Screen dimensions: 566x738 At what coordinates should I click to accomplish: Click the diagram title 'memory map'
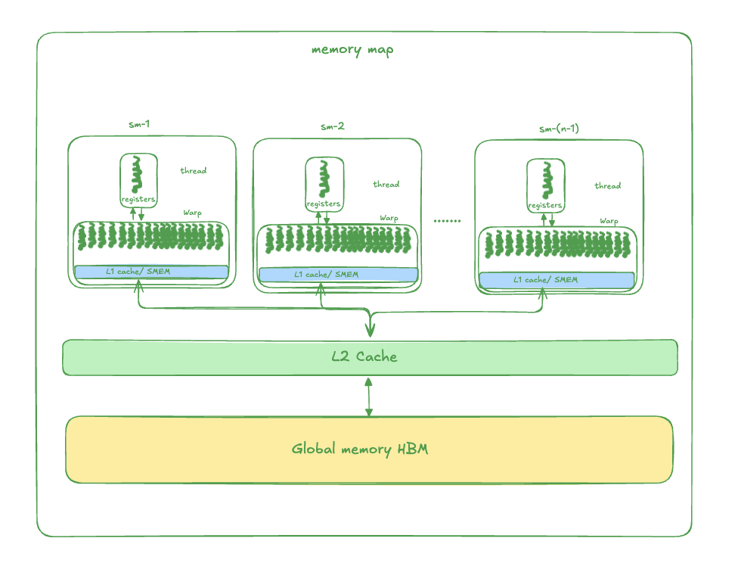352,51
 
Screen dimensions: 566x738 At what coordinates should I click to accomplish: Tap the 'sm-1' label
140,124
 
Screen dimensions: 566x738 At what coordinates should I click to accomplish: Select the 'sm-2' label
332,126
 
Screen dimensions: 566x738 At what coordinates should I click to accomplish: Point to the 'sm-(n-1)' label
559,129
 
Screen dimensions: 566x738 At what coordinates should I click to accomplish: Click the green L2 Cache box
369,357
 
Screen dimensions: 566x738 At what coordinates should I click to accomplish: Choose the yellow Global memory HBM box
369,449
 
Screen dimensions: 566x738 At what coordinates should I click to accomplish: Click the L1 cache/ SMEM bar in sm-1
151,272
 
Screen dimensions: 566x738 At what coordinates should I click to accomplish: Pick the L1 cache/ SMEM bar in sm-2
338,274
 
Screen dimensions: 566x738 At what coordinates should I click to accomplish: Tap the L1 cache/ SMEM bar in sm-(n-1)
557,280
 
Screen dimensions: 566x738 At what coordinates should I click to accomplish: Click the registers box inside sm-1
138,180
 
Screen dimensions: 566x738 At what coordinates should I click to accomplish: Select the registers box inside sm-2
324,185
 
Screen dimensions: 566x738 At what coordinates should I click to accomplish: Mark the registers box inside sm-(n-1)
545,186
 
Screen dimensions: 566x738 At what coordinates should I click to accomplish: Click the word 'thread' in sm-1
194,171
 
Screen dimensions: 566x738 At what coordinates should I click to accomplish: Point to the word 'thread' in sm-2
386,185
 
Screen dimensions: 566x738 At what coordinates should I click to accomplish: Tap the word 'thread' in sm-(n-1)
607,186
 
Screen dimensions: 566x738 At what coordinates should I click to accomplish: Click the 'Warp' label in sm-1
193,213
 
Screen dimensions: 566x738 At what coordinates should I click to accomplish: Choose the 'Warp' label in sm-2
389,218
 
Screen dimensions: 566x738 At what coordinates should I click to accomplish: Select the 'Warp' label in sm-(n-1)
609,221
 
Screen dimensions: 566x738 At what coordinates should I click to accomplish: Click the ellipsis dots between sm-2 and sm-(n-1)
447,221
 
